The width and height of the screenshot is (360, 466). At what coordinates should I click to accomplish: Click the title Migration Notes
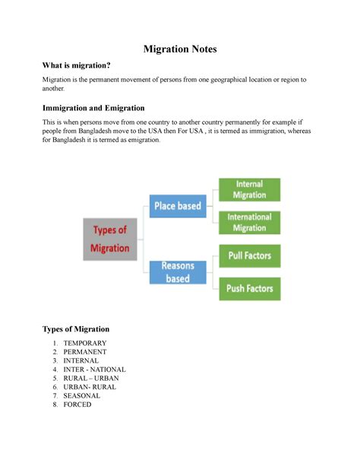[180, 49]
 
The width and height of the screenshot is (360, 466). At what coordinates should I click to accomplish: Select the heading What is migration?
[77, 67]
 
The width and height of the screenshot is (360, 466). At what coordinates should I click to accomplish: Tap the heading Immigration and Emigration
[93, 108]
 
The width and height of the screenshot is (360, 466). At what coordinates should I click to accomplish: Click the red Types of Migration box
[111, 239]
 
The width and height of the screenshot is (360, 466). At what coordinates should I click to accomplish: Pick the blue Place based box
[178, 205]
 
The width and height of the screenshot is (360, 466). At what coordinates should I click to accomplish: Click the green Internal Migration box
[250, 189]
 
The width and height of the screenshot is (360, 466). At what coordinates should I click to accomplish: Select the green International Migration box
[250, 222]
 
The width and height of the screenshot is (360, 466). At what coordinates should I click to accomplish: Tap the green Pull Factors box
[250, 255]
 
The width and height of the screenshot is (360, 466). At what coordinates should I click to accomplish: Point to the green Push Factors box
[250, 288]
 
